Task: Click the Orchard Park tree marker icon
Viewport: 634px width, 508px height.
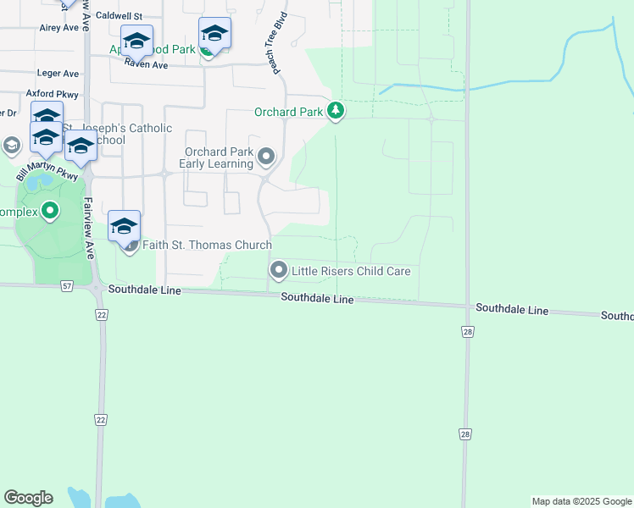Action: click(336, 111)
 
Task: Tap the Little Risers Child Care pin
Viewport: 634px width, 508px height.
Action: click(278, 271)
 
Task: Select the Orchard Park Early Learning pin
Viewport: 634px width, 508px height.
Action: click(266, 157)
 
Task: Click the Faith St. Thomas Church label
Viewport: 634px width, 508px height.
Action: click(207, 246)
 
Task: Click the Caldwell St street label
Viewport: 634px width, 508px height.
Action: click(120, 16)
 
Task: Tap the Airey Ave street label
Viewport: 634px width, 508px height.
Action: click(59, 28)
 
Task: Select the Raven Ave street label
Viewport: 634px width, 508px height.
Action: click(146, 64)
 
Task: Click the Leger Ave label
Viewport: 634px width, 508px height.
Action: click(58, 74)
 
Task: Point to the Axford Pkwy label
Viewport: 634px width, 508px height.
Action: click(52, 94)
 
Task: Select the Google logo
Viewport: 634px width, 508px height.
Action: click(28, 498)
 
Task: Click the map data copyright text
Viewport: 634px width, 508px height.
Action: click(581, 501)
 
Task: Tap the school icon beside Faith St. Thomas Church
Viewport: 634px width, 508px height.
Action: click(124, 227)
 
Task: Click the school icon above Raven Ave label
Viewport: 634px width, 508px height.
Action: click(136, 41)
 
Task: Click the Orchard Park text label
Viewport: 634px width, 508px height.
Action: click(289, 112)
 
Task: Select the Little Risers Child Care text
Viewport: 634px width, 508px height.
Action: click(351, 271)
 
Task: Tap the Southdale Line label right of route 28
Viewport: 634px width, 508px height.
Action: click(512, 309)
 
